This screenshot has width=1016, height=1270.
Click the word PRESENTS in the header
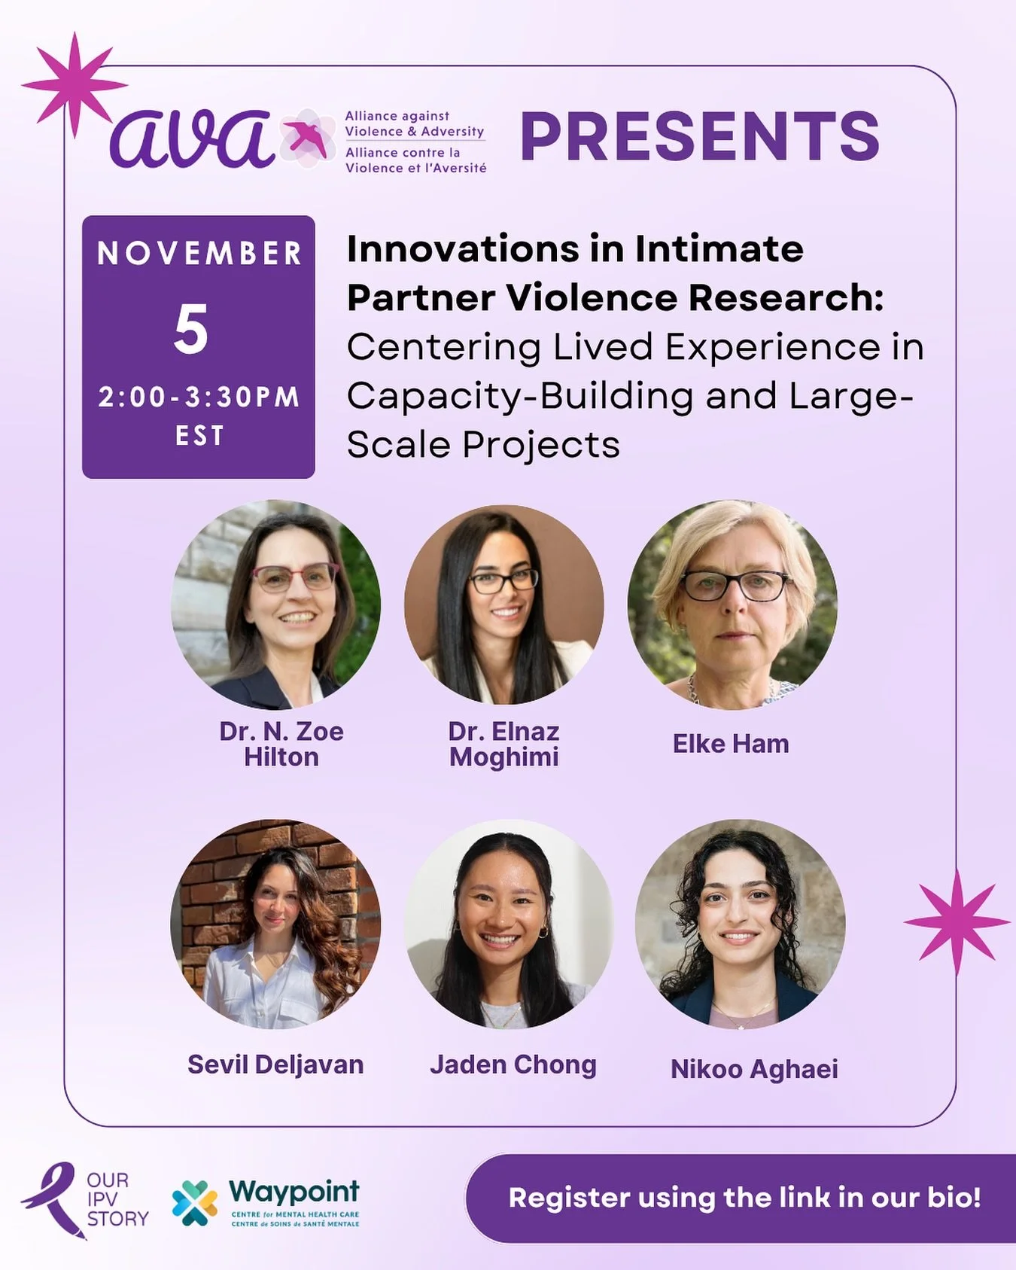[x=699, y=136]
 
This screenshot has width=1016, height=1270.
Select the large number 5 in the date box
[x=191, y=330]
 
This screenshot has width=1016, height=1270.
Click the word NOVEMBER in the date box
[x=199, y=254]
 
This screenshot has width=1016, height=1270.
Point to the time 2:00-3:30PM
[x=199, y=397]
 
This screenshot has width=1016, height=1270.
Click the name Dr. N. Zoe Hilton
[x=281, y=744]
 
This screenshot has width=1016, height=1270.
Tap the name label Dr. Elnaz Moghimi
[x=503, y=744]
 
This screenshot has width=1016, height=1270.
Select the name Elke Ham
[x=730, y=744]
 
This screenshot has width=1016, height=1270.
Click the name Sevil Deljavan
[x=275, y=1064]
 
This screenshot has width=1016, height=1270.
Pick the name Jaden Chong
[x=513, y=1064]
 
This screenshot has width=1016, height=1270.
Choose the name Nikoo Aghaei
[x=753, y=1069]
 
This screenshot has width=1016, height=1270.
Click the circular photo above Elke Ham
[x=732, y=605]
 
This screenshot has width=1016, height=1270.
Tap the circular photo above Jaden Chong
[x=510, y=924]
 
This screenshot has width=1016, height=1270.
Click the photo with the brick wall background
[x=275, y=924]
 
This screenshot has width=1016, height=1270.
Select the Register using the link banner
[x=744, y=1198]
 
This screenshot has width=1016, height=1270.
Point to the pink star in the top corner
[x=74, y=84]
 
